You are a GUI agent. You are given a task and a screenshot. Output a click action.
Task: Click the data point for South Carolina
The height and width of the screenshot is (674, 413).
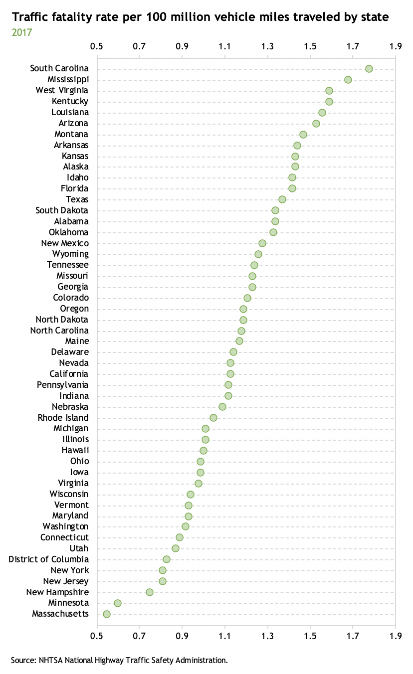tap(369, 69)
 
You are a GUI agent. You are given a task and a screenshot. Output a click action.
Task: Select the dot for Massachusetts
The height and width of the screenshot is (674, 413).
tap(107, 614)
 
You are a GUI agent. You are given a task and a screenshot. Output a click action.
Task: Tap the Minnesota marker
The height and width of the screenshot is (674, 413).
tap(118, 603)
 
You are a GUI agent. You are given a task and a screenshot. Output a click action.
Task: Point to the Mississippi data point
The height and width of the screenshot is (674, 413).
tap(348, 80)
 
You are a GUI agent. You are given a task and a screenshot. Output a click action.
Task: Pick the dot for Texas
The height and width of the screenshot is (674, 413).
tap(282, 199)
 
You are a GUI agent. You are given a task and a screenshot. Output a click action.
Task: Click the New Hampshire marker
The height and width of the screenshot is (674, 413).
tap(150, 592)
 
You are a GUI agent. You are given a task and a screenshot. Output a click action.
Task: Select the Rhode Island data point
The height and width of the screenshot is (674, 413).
tap(213, 418)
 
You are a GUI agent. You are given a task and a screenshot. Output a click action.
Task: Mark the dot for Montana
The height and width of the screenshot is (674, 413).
tap(303, 135)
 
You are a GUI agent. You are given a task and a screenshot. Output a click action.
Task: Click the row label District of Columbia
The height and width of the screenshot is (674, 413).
tap(49, 559)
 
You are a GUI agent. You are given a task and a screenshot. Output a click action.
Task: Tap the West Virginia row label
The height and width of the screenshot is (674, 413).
tap(62, 90)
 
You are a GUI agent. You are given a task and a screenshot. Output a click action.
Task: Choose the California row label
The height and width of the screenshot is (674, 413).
tap(69, 374)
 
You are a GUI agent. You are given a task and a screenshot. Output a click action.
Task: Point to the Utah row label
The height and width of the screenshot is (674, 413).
tap(79, 548)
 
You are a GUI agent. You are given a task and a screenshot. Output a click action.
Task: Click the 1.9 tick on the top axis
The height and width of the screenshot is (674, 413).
tap(396, 47)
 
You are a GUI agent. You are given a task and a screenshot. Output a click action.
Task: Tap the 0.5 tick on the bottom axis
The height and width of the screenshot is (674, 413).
tap(96, 636)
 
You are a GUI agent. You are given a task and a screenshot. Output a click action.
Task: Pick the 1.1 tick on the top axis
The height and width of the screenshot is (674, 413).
tap(225, 47)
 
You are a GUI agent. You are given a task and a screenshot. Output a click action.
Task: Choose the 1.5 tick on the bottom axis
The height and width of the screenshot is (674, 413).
tap(310, 636)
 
